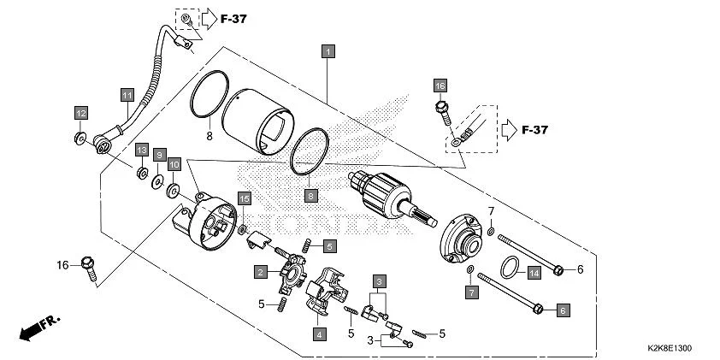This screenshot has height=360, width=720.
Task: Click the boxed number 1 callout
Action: tap(326, 51)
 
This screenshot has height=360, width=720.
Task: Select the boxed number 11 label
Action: tap(127, 94)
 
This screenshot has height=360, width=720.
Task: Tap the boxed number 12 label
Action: tap(80, 114)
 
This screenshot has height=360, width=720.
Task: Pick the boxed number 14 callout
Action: tap(534, 274)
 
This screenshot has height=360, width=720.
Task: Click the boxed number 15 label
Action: tap(244, 199)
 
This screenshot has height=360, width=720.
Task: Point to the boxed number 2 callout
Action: tap(258, 272)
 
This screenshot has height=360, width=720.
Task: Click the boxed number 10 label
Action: tap(158, 155)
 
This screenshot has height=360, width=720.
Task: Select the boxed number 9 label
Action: tap(174, 163)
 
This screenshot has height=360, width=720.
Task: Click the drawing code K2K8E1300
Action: tap(670, 349)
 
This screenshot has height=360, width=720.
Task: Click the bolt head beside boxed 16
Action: tap(441, 108)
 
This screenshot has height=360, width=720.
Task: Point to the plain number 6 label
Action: tap(579, 269)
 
